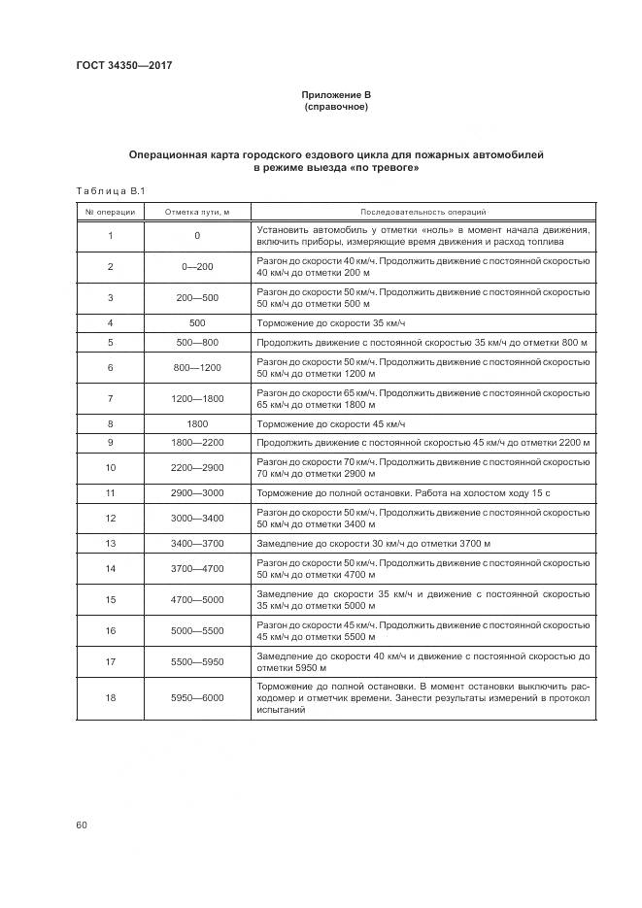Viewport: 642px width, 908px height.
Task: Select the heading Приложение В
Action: click(x=336, y=94)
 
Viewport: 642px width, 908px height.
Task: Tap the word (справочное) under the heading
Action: click(x=336, y=107)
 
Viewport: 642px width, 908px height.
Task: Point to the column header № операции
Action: click(x=110, y=211)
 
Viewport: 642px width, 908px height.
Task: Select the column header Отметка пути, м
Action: click(x=197, y=211)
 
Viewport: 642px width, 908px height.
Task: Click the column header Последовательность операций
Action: click(x=423, y=211)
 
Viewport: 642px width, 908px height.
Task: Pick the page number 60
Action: click(x=82, y=825)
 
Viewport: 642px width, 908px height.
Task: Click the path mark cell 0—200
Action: click(x=197, y=267)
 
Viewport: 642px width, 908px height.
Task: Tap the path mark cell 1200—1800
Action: click(x=197, y=399)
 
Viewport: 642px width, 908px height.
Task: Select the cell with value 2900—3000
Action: click(x=197, y=493)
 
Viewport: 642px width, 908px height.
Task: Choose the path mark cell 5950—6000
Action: click(x=197, y=697)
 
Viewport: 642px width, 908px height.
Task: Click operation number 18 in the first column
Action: click(x=110, y=697)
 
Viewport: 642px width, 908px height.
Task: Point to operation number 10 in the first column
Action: click(x=110, y=468)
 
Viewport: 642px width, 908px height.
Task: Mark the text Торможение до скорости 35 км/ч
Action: click(x=329, y=322)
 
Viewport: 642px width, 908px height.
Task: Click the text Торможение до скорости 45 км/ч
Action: click(x=329, y=424)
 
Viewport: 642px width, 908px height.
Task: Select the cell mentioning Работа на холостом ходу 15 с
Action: click(x=403, y=493)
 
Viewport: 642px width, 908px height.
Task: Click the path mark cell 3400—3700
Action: click(x=197, y=544)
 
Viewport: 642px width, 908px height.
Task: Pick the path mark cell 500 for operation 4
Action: click(x=197, y=322)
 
